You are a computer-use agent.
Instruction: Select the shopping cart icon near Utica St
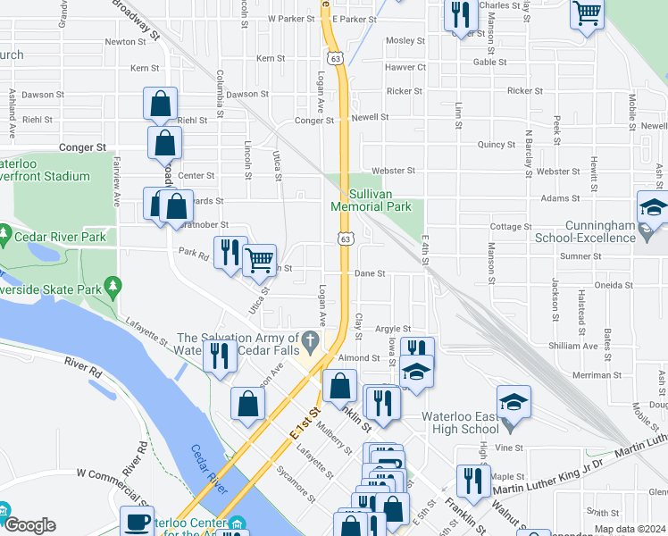[259, 260]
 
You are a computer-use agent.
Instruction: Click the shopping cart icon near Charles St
[588, 13]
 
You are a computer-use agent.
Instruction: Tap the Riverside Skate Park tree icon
[112, 286]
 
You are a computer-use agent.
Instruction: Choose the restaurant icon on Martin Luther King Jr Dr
[472, 481]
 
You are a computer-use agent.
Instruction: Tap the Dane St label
[370, 274]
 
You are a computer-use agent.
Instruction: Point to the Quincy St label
[497, 144]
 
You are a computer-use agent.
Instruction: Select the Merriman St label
[616, 375]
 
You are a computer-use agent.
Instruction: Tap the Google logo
[29, 525]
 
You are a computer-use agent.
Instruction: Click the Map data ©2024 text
[630, 529]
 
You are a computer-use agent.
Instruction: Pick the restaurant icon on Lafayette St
[219, 356]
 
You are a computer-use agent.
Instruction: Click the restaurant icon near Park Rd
[230, 253]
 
